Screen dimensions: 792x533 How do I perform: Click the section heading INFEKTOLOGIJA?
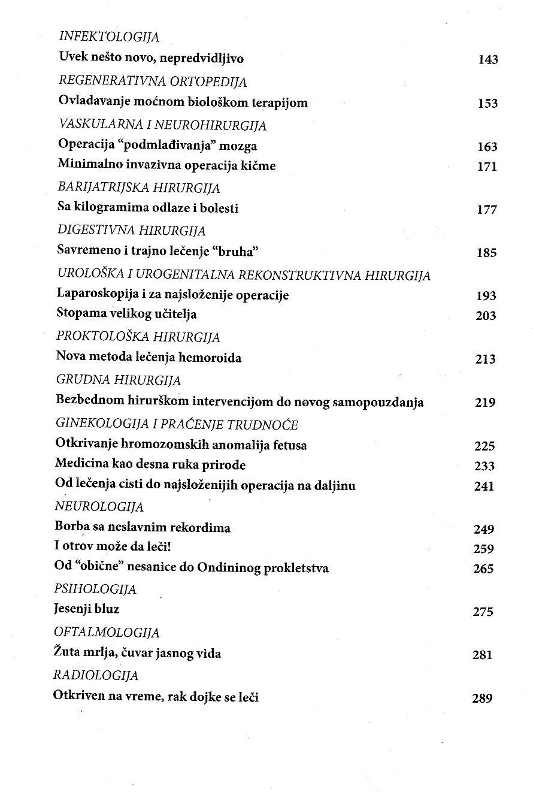pos(109,37)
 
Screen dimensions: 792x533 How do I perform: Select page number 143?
pos(488,60)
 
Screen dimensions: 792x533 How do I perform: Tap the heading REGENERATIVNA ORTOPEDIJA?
pos(153,81)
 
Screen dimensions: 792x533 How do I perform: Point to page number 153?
pos(488,104)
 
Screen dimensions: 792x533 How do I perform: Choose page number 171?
pos(487,167)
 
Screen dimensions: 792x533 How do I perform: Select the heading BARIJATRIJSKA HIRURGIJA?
pos(138,188)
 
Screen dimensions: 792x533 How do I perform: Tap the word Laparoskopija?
pos(93,295)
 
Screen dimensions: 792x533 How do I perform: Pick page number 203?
pos(486,316)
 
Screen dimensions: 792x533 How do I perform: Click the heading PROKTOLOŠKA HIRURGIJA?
pos(138,337)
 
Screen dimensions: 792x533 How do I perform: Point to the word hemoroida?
pos(213,358)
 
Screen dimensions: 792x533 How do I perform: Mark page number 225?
pos(484,446)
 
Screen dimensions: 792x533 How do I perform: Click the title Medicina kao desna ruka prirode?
pos(150,465)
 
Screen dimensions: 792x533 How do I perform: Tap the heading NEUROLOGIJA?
pos(99,507)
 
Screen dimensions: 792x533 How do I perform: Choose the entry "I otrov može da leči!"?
pos(105,548)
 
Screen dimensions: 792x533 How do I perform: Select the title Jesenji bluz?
pos(87,609)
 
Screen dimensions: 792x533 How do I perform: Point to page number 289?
pos(482,698)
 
